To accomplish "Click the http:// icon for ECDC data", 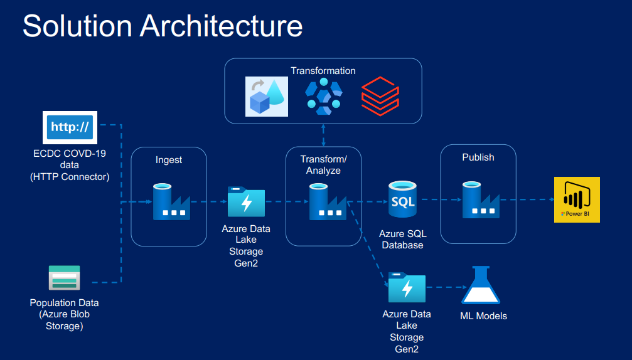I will (x=70, y=127).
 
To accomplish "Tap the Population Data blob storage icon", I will (x=65, y=277).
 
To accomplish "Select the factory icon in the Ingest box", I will (x=171, y=201).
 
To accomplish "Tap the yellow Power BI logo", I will (x=576, y=199).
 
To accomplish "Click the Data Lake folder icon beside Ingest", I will (x=246, y=202).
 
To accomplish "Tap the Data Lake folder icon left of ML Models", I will (x=407, y=287).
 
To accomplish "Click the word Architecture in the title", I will (x=221, y=26).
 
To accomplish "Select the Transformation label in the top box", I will (x=323, y=70).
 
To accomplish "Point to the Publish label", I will (x=478, y=157).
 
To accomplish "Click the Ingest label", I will (x=169, y=160).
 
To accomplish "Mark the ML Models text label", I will (x=483, y=315).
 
